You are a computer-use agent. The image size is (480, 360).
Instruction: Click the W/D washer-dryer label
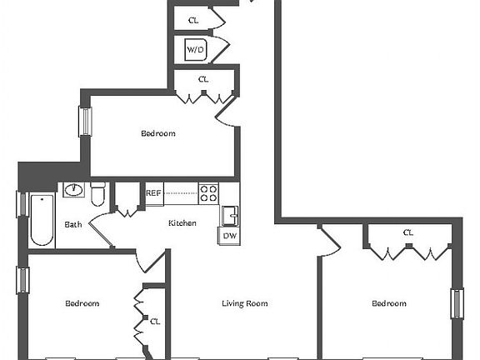(x=195, y=49)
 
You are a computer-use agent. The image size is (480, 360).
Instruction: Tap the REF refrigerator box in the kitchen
(x=154, y=194)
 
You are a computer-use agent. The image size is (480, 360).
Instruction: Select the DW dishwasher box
(x=229, y=236)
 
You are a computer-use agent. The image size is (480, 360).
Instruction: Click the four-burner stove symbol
(x=208, y=193)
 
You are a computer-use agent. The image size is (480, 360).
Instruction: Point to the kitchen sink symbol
(x=230, y=216)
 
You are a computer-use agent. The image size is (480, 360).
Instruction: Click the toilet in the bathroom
(x=98, y=194)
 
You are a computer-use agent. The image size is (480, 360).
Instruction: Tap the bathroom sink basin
(x=74, y=190)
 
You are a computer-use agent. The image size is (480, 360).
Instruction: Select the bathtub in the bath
(x=42, y=219)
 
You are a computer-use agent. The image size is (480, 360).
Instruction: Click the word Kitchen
(x=182, y=223)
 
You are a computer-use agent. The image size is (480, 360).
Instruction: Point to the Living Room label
(x=245, y=303)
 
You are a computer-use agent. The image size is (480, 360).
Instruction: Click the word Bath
(x=73, y=225)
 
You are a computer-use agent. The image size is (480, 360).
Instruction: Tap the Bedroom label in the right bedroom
(x=389, y=303)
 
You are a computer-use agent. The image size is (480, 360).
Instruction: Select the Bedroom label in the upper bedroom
(x=158, y=133)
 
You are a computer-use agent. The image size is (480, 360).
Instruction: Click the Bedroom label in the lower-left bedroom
(x=82, y=303)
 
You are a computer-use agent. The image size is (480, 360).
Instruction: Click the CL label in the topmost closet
(x=193, y=21)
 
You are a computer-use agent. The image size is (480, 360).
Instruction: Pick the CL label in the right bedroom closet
(x=408, y=233)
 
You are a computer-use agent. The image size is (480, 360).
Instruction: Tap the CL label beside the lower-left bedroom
(x=155, y=322)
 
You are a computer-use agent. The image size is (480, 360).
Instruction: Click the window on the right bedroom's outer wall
(x=457, y=303)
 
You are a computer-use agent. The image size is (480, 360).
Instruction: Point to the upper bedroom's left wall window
(x=85, y=121)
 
